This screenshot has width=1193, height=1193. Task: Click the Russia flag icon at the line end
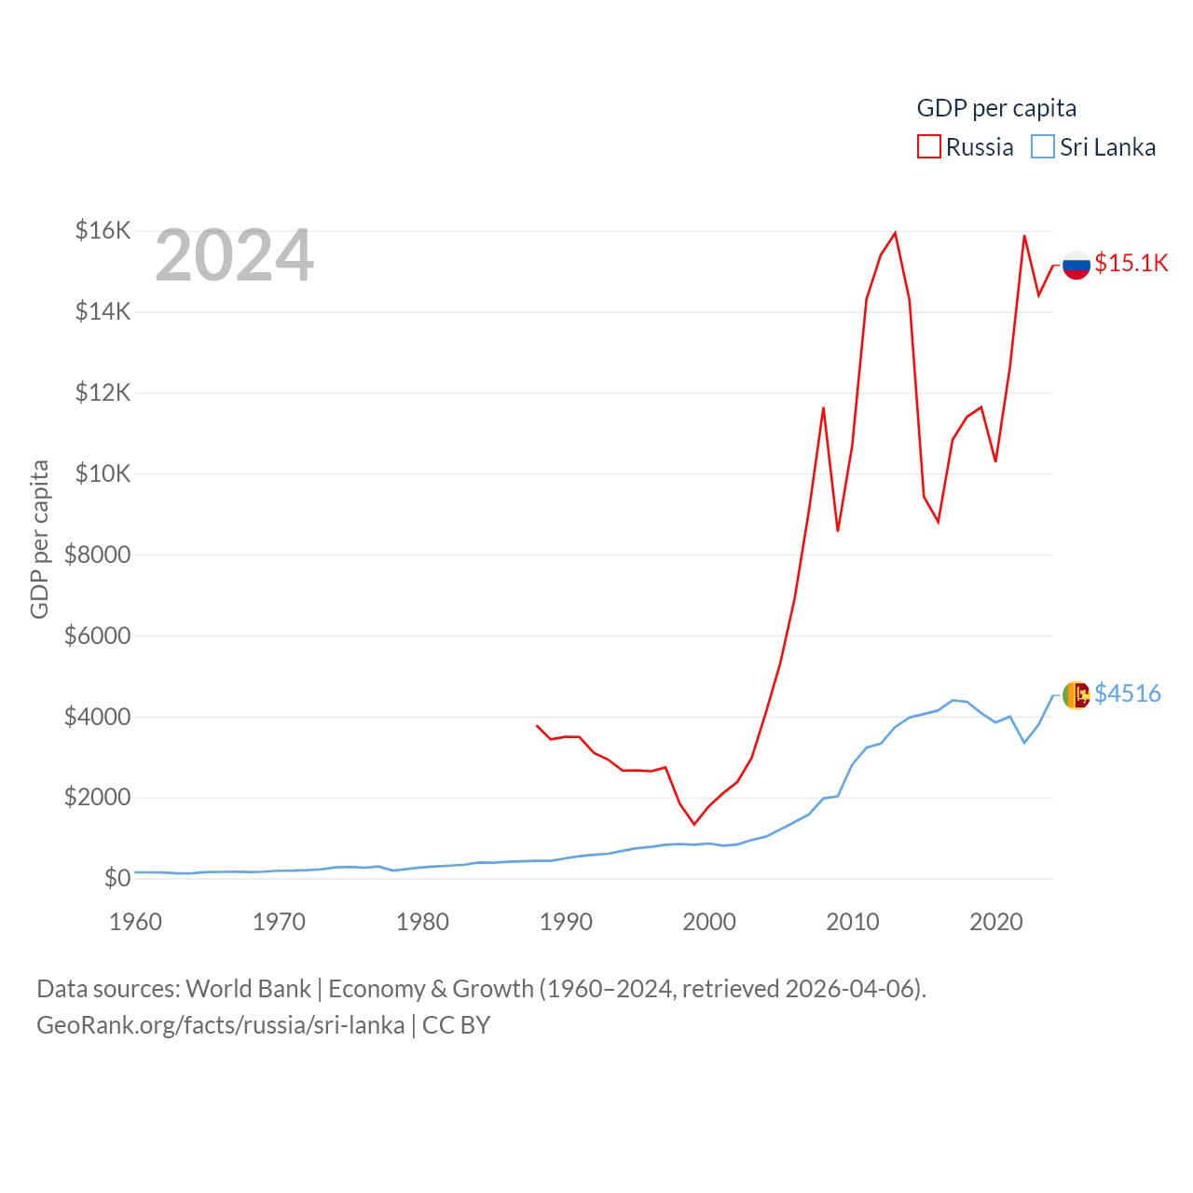[x=1076, y=265]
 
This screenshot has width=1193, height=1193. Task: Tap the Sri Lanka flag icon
[x=1076, y=694]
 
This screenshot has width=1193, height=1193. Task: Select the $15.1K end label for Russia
[x=1131, y=264]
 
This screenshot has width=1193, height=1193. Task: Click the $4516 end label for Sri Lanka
[x=1128, y=693]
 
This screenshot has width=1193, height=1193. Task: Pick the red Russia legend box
[x=929, y=147]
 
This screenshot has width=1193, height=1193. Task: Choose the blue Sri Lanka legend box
[x=1043, y=147]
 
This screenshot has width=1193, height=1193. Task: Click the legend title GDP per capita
[x=996, y=108]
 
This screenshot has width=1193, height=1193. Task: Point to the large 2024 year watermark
[x=234, y=255]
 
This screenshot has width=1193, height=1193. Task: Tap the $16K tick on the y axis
[x=103, y=230]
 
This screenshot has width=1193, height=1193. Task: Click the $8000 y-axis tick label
[x=98, y=555]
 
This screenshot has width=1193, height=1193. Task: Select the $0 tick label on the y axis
[x=117, y=878]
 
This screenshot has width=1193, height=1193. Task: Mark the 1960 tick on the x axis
[x=136, y=922]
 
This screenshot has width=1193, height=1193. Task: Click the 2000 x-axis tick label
[x=709, y=922]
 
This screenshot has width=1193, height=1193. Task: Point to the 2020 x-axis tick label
[x=996, y=922]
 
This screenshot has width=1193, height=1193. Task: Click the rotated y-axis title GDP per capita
[x=39, y=539]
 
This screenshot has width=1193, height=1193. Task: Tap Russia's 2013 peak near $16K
[x=895, y=233]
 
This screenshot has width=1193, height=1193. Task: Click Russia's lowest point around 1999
[x=694, y=824]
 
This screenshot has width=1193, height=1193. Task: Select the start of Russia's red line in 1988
[x=537, y=725]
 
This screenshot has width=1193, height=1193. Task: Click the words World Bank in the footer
[x=248, y=988]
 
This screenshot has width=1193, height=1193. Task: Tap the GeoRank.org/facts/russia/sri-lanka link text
[x=221, y=1025]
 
